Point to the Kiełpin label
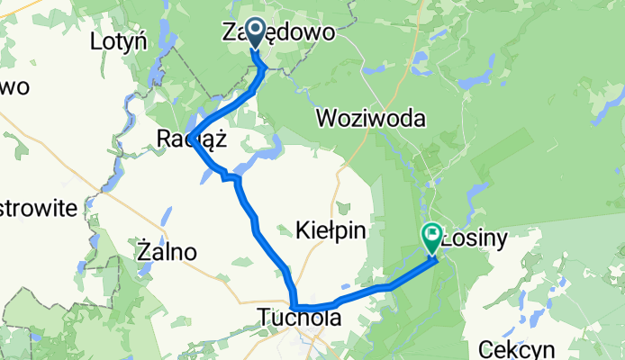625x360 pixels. coord(331,231)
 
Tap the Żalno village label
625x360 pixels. coord(168,252)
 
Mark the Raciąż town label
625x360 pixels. coord(188,139)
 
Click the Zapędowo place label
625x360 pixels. coord(279,33)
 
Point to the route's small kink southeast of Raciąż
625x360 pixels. coord(231,178)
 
